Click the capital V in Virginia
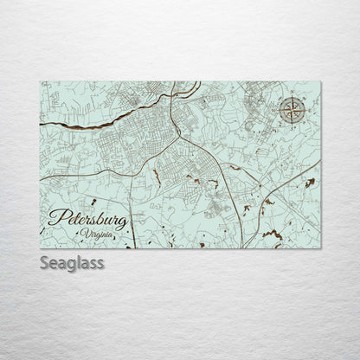87,234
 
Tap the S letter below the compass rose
292,125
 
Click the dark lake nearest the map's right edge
309,183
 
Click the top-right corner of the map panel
320,81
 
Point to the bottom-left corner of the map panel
40,247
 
